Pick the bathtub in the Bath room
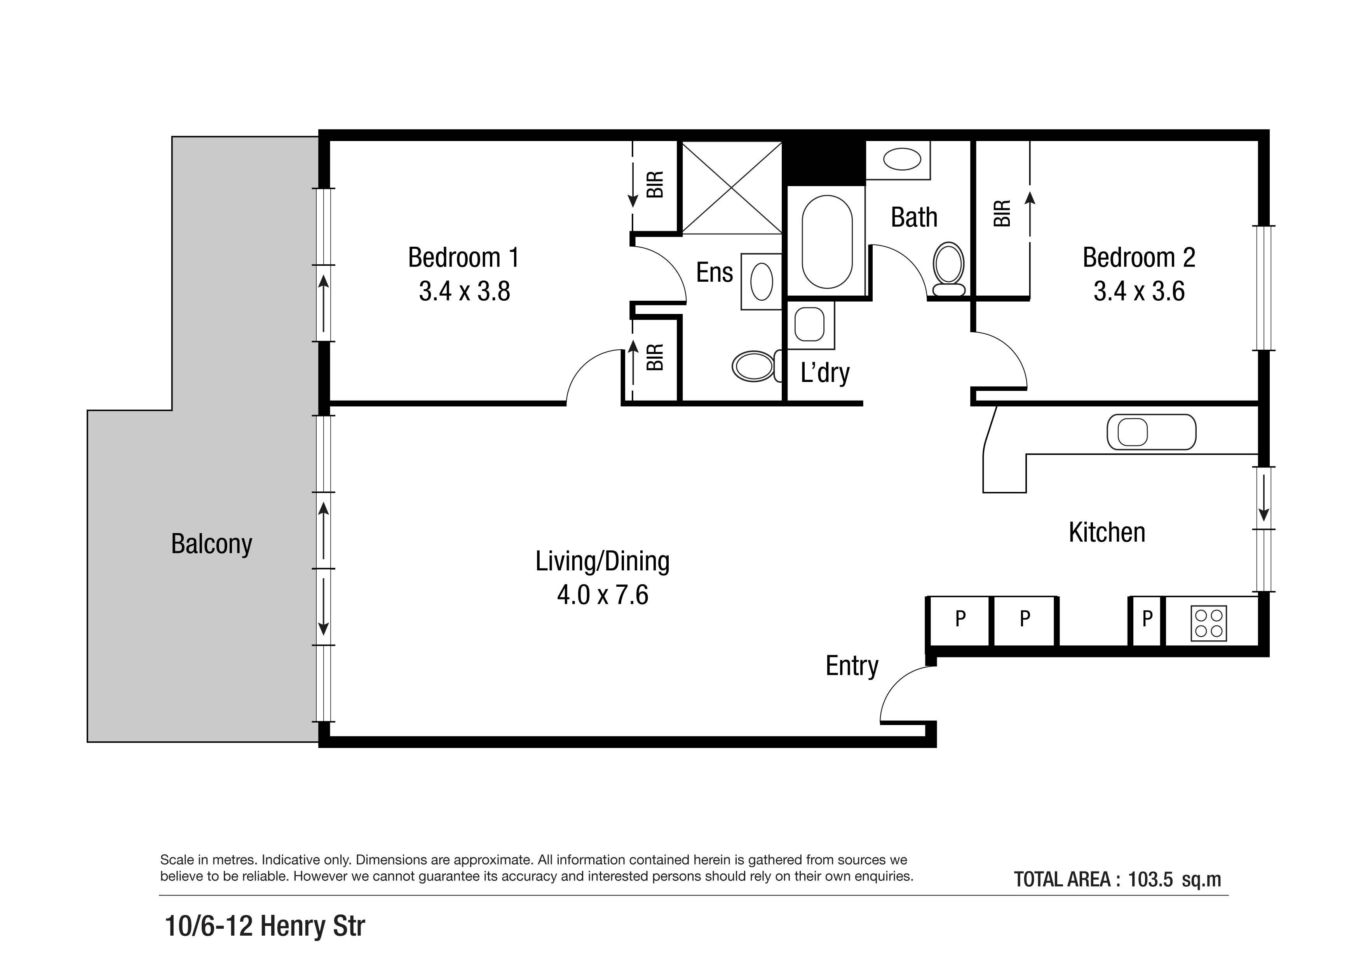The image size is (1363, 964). pyautogui.click(x=827, y=242)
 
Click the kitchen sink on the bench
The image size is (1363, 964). pyautogui.click(x=1151, y=432)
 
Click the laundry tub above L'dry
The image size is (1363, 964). pyautogui.click(x=810, y=325)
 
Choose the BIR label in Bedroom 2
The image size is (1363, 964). pyautogui.click(x=1002, y=214)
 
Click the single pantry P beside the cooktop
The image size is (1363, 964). pyautogui.click(x=1147, y=619)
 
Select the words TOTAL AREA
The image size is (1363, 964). pyautogui.click(x=1062, y=879)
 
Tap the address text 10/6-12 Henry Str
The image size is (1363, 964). pyautogui.click(x=265, y=926)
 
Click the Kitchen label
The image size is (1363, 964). pyautogui.click(x=1107, y=532)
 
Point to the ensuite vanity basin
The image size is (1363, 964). pyautogui.click(x=762, y=281)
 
